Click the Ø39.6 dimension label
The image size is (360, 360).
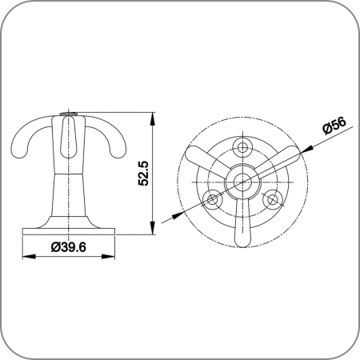(69, 247)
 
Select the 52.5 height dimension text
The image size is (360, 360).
(143, 174)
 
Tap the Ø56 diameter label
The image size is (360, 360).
(334, 126)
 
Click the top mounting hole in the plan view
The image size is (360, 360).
(242, 147)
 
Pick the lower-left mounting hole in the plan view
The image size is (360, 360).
(213, 199)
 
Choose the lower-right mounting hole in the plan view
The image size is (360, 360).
(272, 199)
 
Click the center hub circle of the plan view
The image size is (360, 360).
(242, 182)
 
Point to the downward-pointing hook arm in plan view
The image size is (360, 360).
(242, 222)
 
